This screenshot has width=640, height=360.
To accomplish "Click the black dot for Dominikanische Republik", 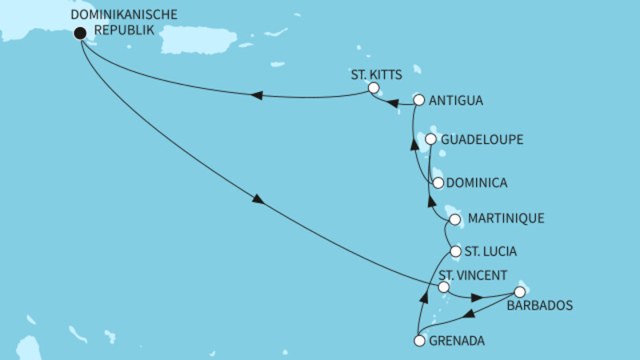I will (x=79, y=33).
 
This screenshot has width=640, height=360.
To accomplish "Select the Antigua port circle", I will (x=418, y=100).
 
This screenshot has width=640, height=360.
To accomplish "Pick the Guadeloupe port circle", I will (x=430, y=139).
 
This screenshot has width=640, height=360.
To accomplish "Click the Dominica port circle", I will (x=437, y=182).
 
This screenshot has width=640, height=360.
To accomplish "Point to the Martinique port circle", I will (x=454, y=218).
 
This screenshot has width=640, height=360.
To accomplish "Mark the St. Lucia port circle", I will (x=455, y=251).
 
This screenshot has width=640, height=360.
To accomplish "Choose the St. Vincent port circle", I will (x=444, y=287).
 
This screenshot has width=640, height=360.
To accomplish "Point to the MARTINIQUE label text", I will (x=507, y=218).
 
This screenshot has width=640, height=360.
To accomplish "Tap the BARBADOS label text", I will (x=540, y=305).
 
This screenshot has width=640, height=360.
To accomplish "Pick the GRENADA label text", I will (x=457, y=342).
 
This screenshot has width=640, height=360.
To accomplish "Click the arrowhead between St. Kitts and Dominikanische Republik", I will (x=257, y=96).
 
